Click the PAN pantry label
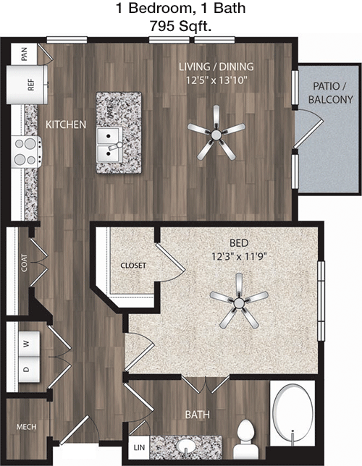25,54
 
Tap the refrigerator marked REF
28,85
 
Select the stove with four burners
26,152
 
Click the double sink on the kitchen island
109,145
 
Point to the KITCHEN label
66,124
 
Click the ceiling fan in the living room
216,133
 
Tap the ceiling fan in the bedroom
239,301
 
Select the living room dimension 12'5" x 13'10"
216,80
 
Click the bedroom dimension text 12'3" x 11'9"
239,256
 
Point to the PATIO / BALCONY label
330,93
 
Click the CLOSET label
133,266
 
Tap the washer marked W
29,344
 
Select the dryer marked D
29,370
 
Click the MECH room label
27,427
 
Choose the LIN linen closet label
139,447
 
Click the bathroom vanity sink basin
187,446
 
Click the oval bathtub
292,414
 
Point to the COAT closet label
25,263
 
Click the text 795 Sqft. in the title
180,26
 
